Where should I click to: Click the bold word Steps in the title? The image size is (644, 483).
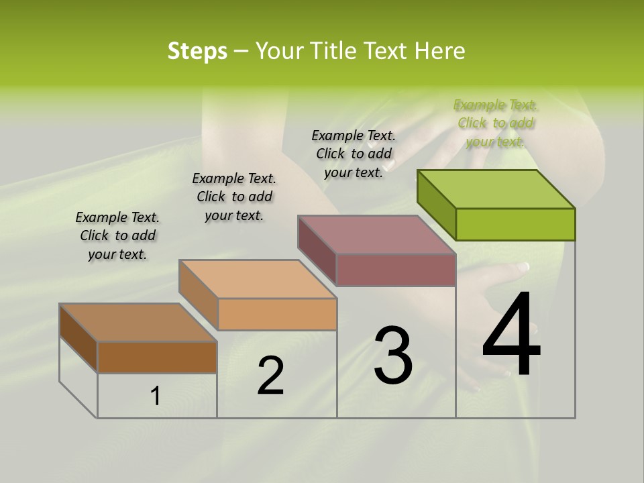pyautogui.click(x=197, y=51)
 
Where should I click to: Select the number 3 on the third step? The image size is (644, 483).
pyautogui.click(x=393, y=356)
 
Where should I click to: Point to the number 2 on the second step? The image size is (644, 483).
pyautogui.click(x=271, y=376)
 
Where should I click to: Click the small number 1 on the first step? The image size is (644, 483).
pyautogui.click(x=156, y=396)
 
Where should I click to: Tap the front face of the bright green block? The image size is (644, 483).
pyautogui.click(x=515, y=224)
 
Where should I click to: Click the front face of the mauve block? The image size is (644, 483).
pyautogui.click(x=396, y=270)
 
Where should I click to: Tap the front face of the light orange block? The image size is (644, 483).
pyautogui.click(x=277, y=314)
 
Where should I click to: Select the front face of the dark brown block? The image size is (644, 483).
pyautogui.click(x=157, y=357)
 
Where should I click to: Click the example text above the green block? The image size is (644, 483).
pyautogui.click(x=496, y=123)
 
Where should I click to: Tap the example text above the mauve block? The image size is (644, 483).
pyautogui.click(x=354, y=154)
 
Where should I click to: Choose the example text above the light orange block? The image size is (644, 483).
pyautogui.click(x=234, y=197)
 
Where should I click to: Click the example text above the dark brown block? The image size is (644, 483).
pyautogui.click(x=117, y=235)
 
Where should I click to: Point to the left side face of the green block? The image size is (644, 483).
pyautogui.click(x=436, y=205)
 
